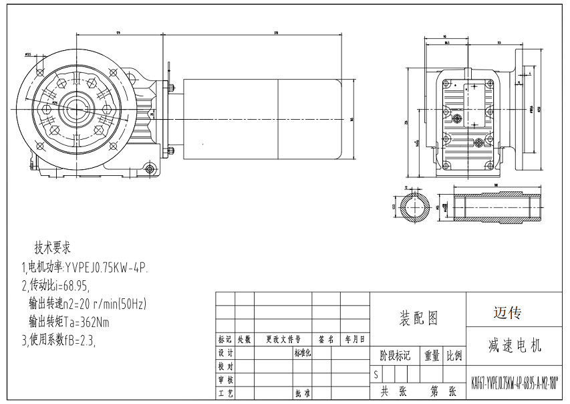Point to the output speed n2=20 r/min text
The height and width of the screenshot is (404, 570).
87,304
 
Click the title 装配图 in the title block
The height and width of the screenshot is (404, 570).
418,318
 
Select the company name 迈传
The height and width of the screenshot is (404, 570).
507,312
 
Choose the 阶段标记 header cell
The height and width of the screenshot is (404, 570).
395,355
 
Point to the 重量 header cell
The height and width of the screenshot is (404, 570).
432,355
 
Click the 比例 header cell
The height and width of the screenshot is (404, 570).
454,355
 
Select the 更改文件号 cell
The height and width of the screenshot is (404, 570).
283,339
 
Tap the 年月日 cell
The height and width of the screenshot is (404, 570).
355,339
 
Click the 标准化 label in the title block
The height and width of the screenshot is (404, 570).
303,352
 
